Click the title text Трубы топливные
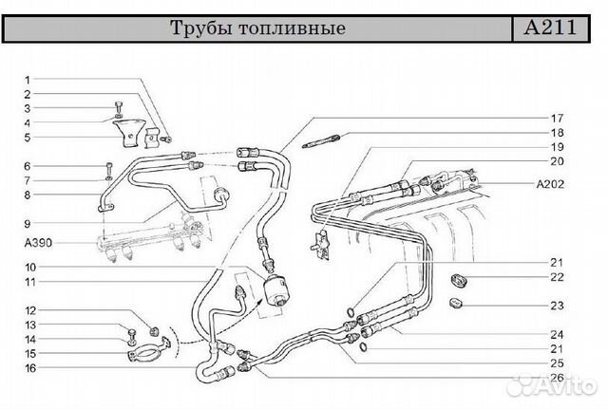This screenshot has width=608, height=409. (256, 28)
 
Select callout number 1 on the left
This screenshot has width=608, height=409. (28, 80)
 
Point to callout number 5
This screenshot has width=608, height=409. (28, 137)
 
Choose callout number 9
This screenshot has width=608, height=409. (28, 223)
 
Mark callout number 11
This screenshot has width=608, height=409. (29, 282)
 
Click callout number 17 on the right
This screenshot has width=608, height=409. (557, 118)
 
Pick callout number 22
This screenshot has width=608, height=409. (557, 277)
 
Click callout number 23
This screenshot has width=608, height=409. (557, 306)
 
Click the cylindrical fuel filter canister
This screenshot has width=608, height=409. (279, 288)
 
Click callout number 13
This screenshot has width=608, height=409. (29, 325)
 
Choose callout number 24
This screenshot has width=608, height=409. (557, 334)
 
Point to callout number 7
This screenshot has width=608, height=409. (28, 180)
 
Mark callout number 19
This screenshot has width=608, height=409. (557, 147)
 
